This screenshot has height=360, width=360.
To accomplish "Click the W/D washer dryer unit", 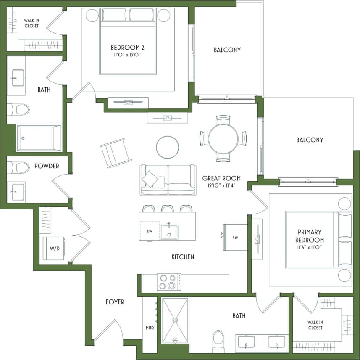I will (x=54, y=248).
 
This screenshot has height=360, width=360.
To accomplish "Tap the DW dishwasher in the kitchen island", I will (x=150, y=230).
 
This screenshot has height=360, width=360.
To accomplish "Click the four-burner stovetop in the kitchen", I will (x=169, y=282).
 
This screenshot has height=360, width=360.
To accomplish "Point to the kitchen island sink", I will (x=169, y=232).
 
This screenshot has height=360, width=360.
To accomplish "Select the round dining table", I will (x=223, y=139).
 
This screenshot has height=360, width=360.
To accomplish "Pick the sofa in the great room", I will (x=168, y=180).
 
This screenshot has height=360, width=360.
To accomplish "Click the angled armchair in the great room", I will (x=113, y=153).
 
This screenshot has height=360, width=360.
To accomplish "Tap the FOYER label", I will (x=115, y=302).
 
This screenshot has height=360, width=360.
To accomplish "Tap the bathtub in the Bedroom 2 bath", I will (x=39, y=138).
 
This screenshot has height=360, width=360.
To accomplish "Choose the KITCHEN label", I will (x=183, y=257).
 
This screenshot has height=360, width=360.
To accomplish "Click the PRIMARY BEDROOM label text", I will (x=310, y=236).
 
